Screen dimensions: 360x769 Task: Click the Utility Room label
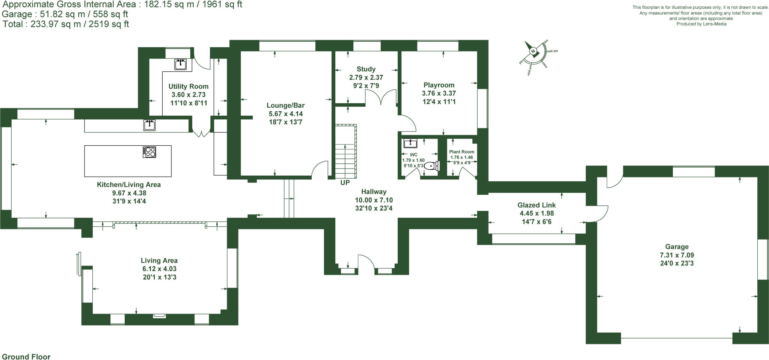(188, 86)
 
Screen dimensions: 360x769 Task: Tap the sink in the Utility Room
(181, 64)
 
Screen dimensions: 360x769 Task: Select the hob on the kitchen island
(149, 152)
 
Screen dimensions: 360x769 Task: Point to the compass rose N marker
(533, 51)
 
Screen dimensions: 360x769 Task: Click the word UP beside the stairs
(345, 183)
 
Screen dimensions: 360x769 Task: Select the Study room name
(366, 69)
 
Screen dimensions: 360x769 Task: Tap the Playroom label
(439, 85)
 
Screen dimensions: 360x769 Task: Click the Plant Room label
(461, 152)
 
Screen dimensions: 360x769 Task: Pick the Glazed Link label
(536, 205)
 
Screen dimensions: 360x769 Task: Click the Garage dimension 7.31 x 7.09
(677, 255)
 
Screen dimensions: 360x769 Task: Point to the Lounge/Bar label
(285, 105)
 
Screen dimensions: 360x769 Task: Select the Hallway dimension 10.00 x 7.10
(374, 200)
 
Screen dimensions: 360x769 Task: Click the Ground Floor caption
(26, 357)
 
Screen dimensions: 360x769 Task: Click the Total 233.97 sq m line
(66, 24)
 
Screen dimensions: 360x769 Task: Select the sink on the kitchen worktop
(149, 125)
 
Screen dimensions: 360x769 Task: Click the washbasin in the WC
(410, 143)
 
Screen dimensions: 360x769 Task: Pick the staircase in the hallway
(345, 152)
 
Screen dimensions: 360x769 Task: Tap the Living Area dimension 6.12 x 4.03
(159, 269)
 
